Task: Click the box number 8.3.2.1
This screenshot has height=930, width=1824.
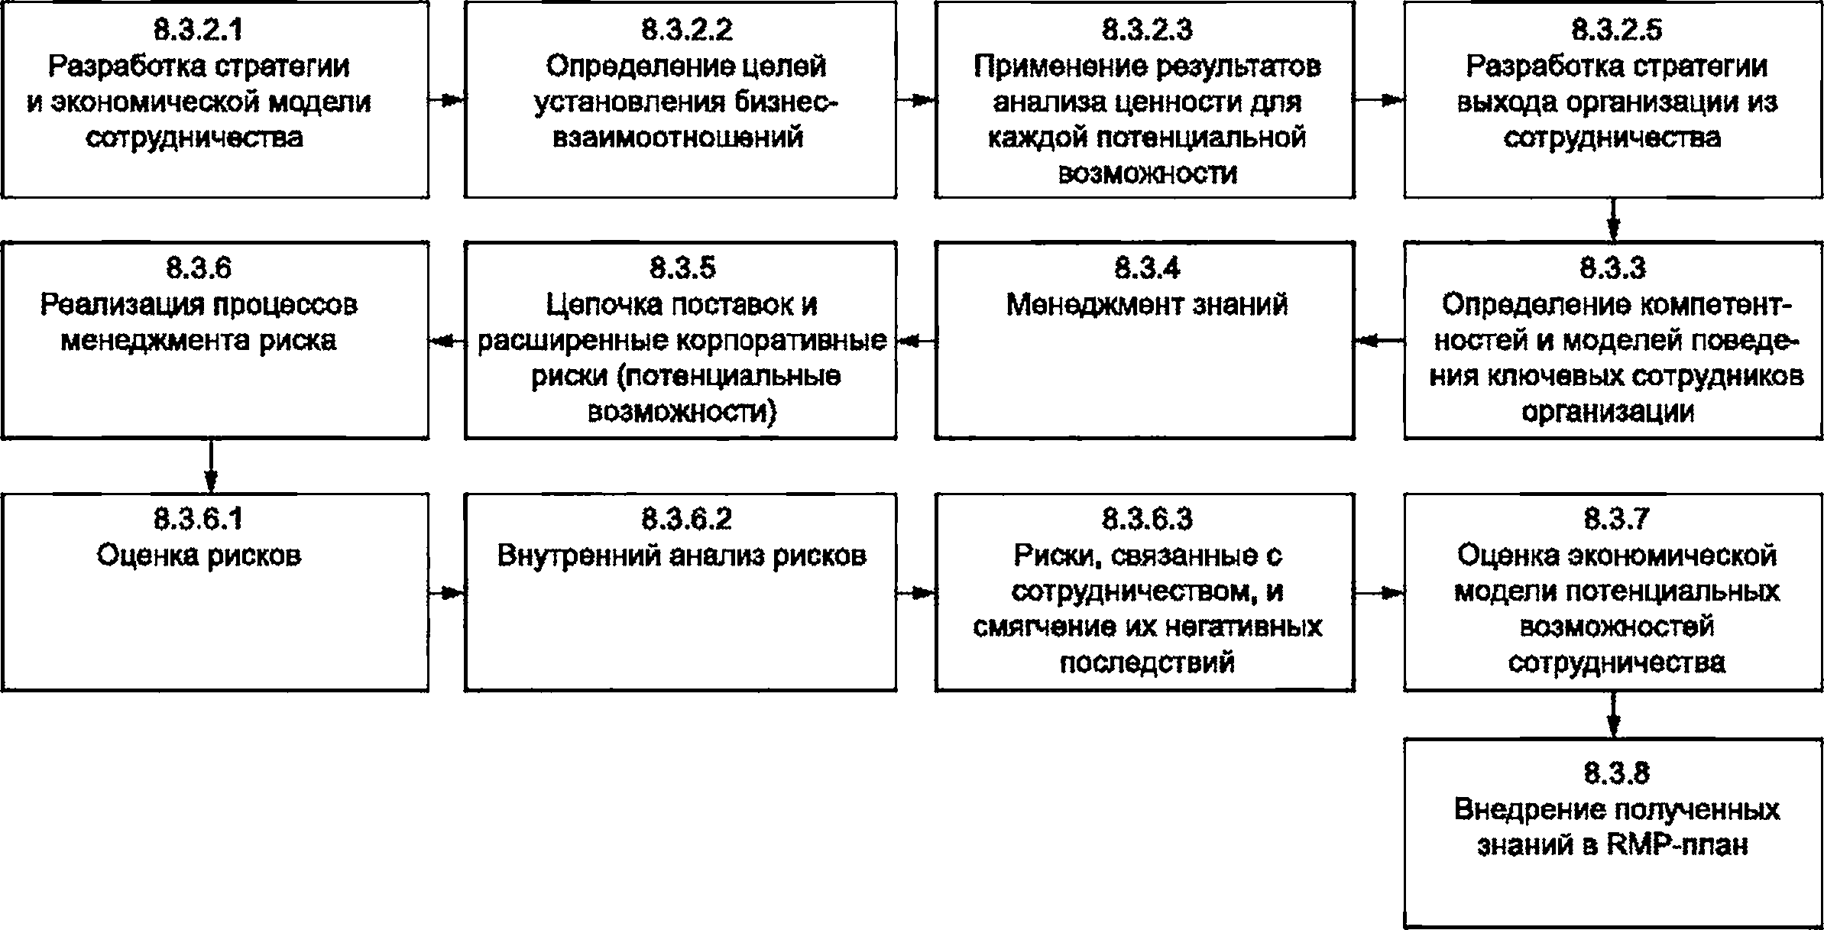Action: (x=199, y=30)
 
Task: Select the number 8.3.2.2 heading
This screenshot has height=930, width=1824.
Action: (x=687, y=30)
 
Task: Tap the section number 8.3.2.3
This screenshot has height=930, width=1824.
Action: (x=1147, y=30)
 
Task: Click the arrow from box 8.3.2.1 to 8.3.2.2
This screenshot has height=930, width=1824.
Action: (x=447, y=100)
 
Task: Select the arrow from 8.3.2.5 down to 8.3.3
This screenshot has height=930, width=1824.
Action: (x=1613, y=220)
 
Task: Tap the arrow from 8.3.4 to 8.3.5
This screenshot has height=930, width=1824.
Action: (x=916, y=342)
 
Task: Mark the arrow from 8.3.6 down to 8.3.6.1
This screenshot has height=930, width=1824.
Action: (x=211, y=466)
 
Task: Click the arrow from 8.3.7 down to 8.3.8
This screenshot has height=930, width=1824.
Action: (x=1613, y=715)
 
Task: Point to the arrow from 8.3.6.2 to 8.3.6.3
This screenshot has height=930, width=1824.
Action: (x=916, y=593)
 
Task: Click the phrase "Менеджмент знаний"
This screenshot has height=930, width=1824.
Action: (x=1147, y=305)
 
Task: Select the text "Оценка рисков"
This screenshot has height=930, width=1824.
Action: (x=199, y=556)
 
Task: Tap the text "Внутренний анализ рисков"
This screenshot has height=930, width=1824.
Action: (x=682, y=556)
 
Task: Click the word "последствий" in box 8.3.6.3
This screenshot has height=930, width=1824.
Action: (x=1147, y=662)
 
